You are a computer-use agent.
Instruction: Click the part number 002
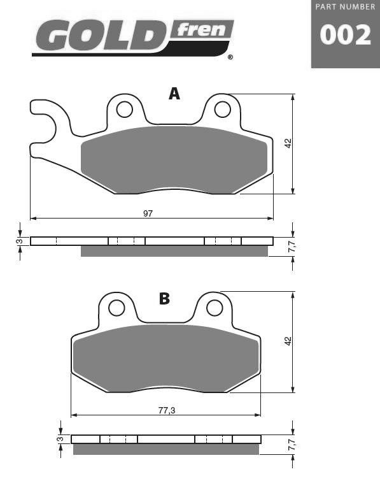(345, 35)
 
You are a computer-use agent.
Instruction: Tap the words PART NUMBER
(345, 6)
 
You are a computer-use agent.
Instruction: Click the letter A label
(174, 94)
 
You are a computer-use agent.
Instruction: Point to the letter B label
(164, 298)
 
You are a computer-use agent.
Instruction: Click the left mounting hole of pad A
(125, 110)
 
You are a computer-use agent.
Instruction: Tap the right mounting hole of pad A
(222, 110)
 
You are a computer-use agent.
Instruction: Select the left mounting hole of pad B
(116, 308)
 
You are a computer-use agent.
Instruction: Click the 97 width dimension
(148, 213)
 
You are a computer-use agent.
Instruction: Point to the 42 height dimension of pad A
(288, 144)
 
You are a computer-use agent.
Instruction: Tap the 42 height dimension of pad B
(288, 341)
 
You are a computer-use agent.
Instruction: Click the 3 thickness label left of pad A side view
(20, 241)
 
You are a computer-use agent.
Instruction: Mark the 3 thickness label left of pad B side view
(60, 439)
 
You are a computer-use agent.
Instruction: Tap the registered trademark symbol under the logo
(230, 57)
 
